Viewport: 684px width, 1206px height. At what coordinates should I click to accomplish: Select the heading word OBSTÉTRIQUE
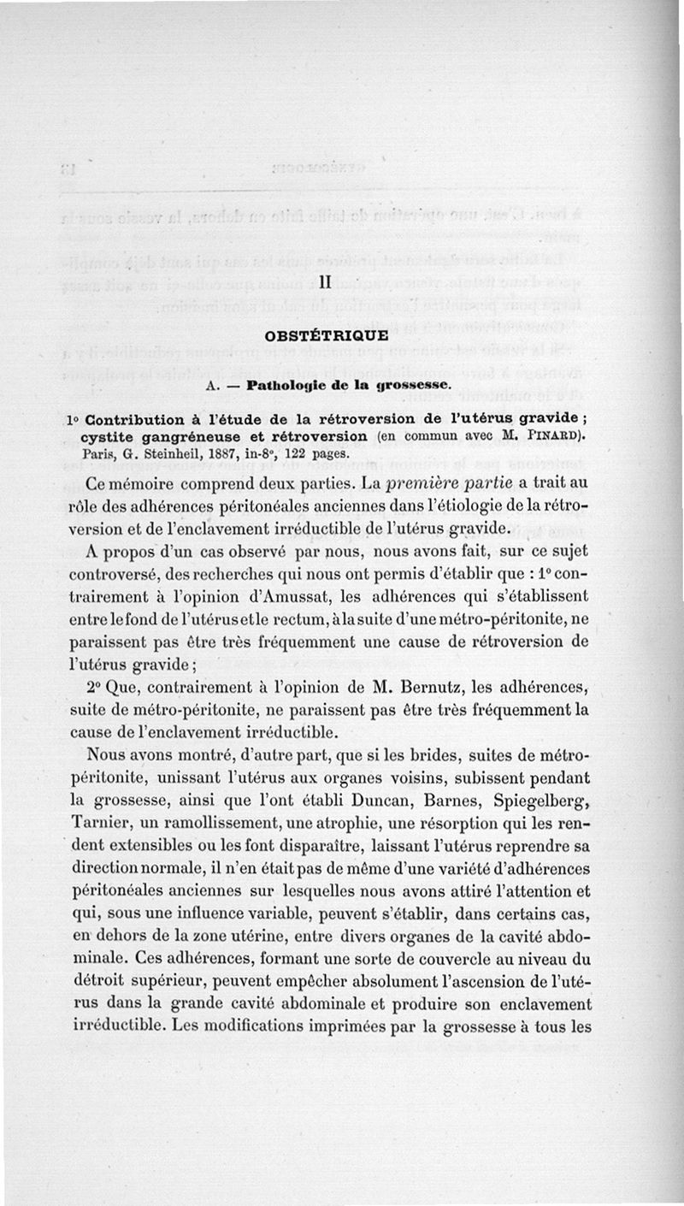click(325, 336)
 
